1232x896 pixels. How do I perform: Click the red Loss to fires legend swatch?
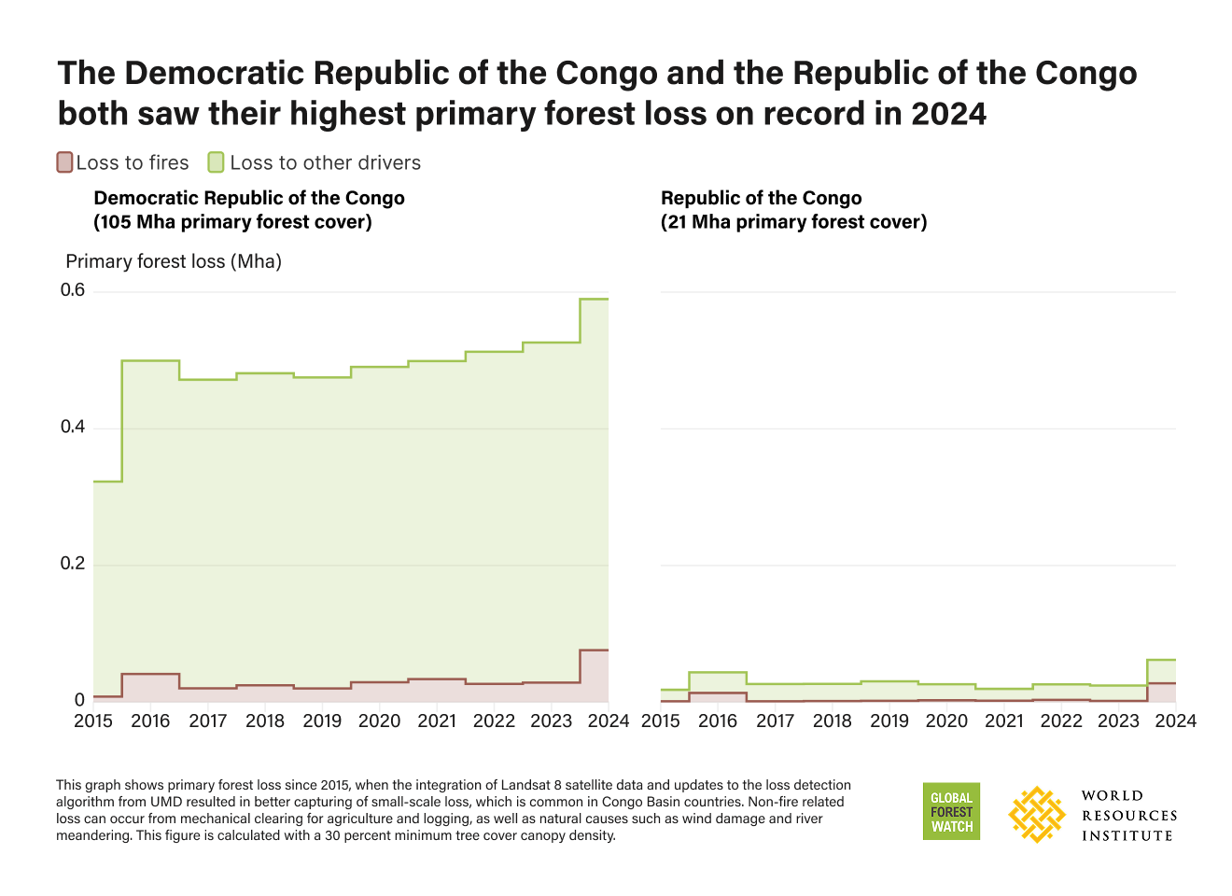pyautogui.click(x=64, y=162)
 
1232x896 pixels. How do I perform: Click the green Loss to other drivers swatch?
pyautogui.click(x=216, y=162)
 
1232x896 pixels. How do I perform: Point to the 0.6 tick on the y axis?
pyautogui.click(x=73, y=290)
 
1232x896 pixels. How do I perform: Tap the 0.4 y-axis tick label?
pyautogui.click(x=73, y=427)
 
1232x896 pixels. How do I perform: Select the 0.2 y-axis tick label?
pyautogui.click(x=73, y=564)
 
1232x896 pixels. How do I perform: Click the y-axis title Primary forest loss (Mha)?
pyautogui.click(x=174, y=261)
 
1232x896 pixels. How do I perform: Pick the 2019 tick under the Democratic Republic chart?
pyautogui.click(x=322, y=721)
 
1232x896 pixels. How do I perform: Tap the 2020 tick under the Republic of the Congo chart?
pyautogui.click(x=946, y=721)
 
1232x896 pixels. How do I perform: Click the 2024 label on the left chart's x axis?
pyautogui.click(x=609, y=721)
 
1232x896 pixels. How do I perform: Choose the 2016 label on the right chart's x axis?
pyautogui.click(x=718, y=721)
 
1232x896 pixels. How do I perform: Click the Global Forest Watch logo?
pyautogui.click(x=951, y=811)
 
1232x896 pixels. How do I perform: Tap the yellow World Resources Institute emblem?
pyautogui.click(x=1037, y=814)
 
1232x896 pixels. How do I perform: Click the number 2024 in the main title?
pyautogui.click(x=948, y=114)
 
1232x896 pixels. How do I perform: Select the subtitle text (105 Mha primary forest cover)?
pyautogui.click(x=232, y=222)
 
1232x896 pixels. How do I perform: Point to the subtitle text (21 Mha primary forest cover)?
pyautogui.click(x=793, y=222)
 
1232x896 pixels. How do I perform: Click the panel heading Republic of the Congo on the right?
pyautogui.click(x=761, y=198)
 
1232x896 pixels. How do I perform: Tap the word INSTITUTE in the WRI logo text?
pyautogui.click(x=1127, y=835)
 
